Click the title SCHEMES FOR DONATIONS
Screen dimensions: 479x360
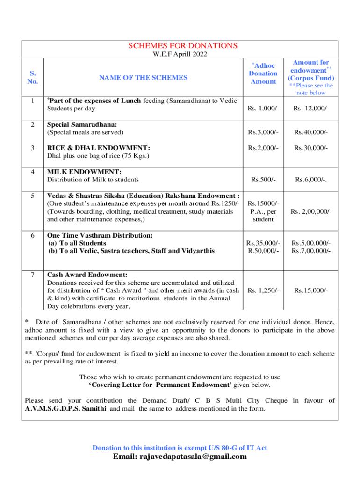click(183, 45)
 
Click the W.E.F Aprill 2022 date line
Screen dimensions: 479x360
click(180, 54)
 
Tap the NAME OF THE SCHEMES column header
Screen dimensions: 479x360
click(143, 78)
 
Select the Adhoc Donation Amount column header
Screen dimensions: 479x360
click(263, 73)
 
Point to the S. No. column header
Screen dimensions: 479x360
click(32, 77)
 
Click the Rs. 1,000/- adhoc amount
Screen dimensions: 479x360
click(264, 109)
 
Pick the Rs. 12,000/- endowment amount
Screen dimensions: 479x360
click(311, 109)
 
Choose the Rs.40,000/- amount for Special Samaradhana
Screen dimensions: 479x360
click(311, 132)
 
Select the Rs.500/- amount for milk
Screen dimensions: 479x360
click(264, 179)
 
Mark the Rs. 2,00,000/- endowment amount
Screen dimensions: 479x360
click(311, 212)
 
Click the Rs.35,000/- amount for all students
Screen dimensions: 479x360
click(264, 243)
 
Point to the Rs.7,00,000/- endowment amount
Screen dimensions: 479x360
click(311, 251)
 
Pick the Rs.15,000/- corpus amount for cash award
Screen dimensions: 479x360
click(311, 290)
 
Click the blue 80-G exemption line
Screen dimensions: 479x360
click(180, 448)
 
